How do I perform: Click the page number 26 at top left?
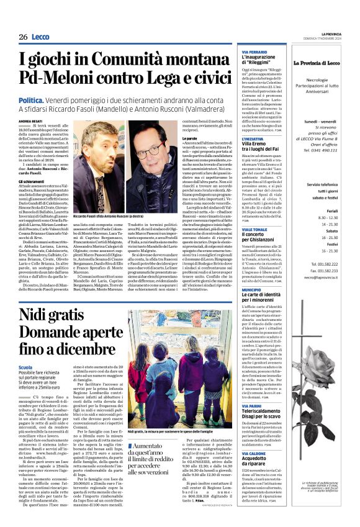23,37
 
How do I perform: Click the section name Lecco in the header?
42,37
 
